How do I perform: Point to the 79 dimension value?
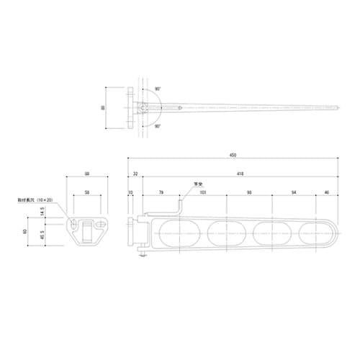161,193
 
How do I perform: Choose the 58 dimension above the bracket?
87,193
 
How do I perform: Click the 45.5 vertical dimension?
42,233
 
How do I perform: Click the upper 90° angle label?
157,89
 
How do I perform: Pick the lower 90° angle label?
157,126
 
